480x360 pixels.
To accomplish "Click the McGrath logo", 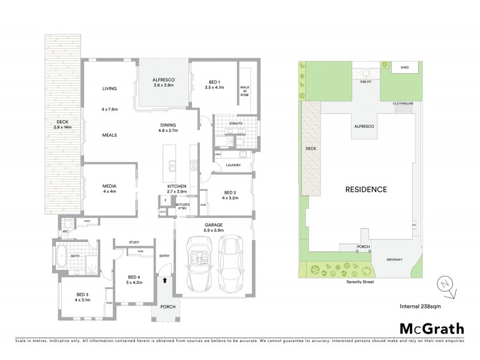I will pos(431,328).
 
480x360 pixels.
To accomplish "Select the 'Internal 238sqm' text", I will pos(420,306).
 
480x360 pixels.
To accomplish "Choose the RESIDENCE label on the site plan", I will pos(365,189).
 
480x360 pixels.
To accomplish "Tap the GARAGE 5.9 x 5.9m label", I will pos(213,227).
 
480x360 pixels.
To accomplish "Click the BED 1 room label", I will pos(214,85).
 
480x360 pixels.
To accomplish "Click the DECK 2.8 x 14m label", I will pos(62,125).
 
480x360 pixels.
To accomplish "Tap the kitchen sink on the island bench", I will pos(172,166).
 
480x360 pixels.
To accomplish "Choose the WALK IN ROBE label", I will pos(244,91).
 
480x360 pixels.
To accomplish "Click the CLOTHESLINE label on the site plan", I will pos(403,104).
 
